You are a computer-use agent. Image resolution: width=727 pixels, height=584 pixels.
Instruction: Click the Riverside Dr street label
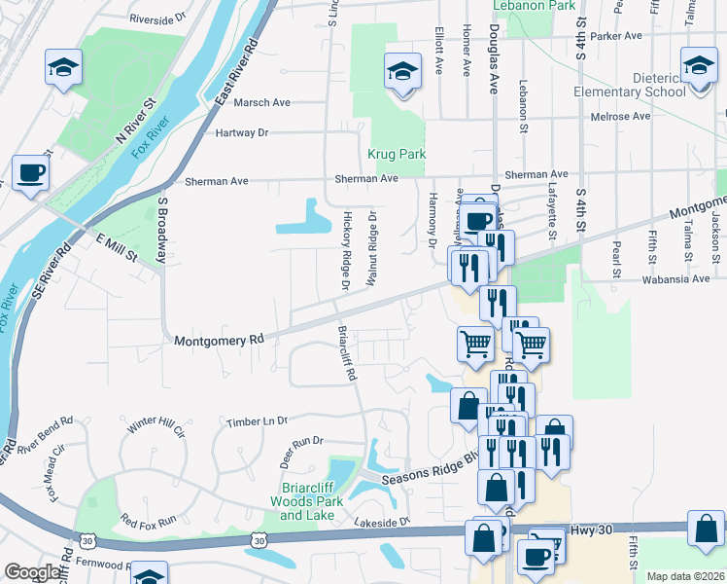[x=157, y=18]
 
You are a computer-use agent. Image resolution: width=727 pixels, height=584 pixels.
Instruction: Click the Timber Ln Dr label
[x=257, y=420]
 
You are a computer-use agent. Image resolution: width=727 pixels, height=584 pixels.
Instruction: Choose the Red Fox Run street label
[x=148, y=521]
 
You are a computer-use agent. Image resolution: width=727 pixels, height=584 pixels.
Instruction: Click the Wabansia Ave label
[x=675, y=279]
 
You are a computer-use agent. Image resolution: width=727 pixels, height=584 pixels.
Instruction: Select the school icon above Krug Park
[x=402, y=70]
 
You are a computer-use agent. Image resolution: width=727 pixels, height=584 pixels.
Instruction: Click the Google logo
[x=32, y=572]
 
